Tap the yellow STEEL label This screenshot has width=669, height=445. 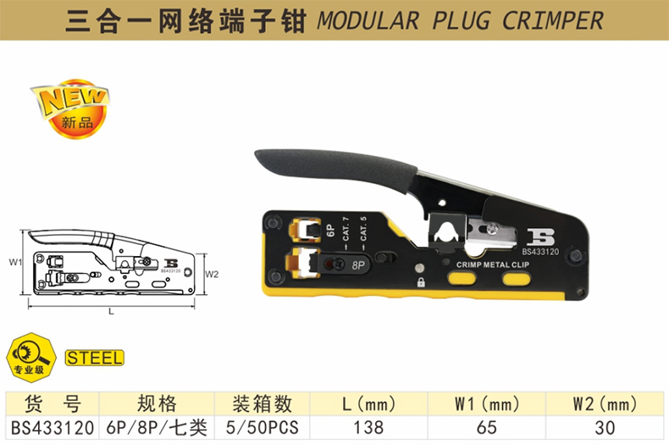(x=94, y=358)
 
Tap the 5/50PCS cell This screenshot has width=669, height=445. (x=262, y=427)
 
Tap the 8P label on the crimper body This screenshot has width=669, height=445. (x=357, y=264)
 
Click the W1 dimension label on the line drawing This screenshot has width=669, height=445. (x=14, y=262)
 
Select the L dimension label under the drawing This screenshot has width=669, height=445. (x=111, y=312)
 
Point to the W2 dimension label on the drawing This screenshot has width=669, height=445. (x=212, y=274)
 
